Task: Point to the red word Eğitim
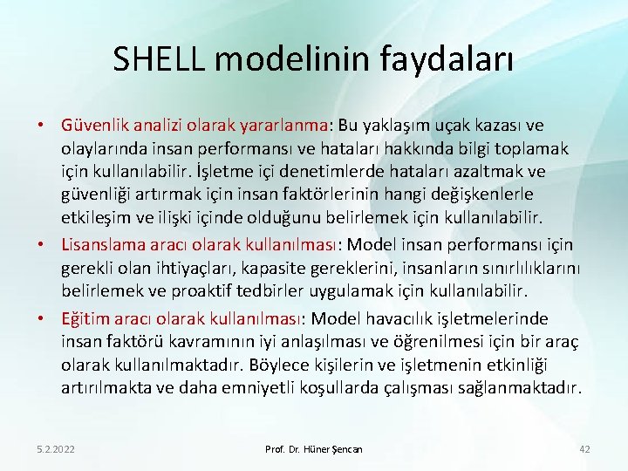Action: coord(84,317)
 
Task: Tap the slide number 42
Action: coord(584,448)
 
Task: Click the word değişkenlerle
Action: coord(470,193)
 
